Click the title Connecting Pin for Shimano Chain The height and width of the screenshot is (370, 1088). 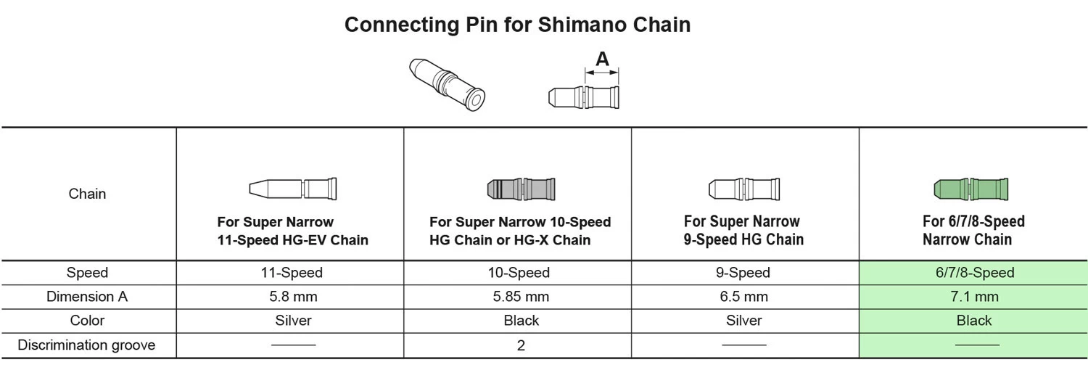tap(517, 25)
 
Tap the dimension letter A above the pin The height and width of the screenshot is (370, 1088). tap(602, 59)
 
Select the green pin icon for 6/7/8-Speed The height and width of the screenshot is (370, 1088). tap(970, 189)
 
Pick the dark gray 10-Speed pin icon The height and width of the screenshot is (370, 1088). tap(520, 189)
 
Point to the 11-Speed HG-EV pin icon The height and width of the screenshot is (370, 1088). tap(293, 189)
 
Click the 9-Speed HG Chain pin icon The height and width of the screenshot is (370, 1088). tap(743, 189)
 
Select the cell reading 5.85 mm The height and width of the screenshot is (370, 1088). tap(521, 297)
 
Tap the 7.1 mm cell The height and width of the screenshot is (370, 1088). tap(974, 297)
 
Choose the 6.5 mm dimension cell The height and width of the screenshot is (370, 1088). tap(743, 297)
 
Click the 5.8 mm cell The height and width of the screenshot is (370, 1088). tap(293, 297)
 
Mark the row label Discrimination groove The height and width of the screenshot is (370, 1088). tap(86, 345)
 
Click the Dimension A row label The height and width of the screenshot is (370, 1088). tap(86, 297)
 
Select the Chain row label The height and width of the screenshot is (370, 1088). tap(87, 194)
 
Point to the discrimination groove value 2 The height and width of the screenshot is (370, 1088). tap(521, 345)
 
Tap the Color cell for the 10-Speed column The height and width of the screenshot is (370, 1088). tap(521, 321)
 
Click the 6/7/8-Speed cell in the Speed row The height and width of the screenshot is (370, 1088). tap(974, 273)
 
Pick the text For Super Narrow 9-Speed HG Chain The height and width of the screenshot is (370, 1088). tap(743, 230)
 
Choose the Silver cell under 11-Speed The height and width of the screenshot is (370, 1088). tap(293, 321)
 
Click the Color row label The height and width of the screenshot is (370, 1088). tap(86, 321)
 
